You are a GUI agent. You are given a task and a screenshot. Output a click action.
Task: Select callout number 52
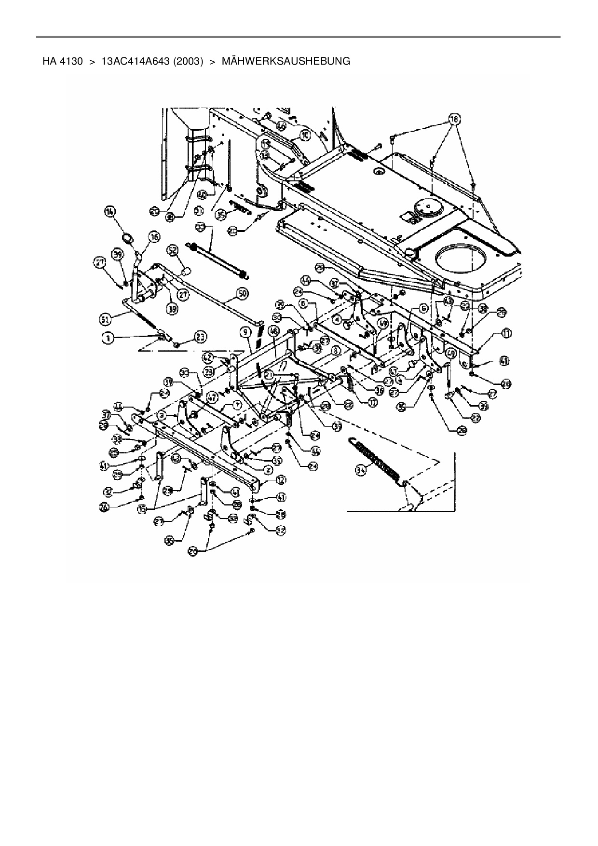(173, 250)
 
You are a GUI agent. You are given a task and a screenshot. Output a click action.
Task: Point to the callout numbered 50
(242, 293)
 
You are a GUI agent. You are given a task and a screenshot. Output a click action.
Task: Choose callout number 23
(200, 337)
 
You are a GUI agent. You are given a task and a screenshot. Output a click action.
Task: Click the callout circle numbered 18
(454, 118)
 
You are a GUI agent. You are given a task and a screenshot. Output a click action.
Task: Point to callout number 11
(506, 333)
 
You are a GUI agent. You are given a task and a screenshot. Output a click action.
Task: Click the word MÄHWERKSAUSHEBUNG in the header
(285, 62)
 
